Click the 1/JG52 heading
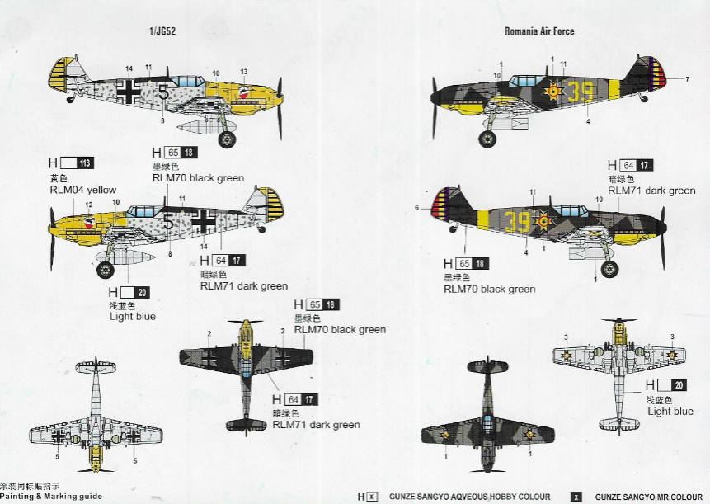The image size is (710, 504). (x=163, y=31)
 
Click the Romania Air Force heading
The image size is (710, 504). (x=539, y=31)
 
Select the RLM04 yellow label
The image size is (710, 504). (x=83, y=190)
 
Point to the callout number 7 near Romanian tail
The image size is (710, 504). (x=686, y=79)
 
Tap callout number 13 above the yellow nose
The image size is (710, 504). (x=243, y=72)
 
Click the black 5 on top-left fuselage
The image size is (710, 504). (x=163, y=93)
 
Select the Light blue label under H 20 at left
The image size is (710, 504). (x=133, y=316)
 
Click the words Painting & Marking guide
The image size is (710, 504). (x=51, y=497)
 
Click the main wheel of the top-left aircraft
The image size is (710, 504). (x=226, y=139)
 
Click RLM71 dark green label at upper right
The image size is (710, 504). (x=651, y=191)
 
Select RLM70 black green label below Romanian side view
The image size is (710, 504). (x=489, y=290)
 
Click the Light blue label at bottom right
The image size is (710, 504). (x=670, y=411)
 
